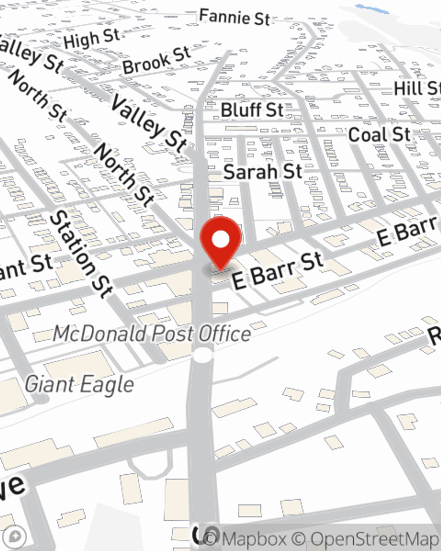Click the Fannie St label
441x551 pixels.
click(x=234, y=18)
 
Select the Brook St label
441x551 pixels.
click(x=157, y=61)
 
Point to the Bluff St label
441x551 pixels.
click(x=252, y=110)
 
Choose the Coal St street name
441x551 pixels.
click(x=379, y=134)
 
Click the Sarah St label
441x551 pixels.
click(x=263, y=171)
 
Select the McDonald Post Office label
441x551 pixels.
click(x=152, y=334)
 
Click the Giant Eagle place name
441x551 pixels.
click(x=79, y=384)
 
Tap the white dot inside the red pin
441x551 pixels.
click(x=221, y=240)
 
